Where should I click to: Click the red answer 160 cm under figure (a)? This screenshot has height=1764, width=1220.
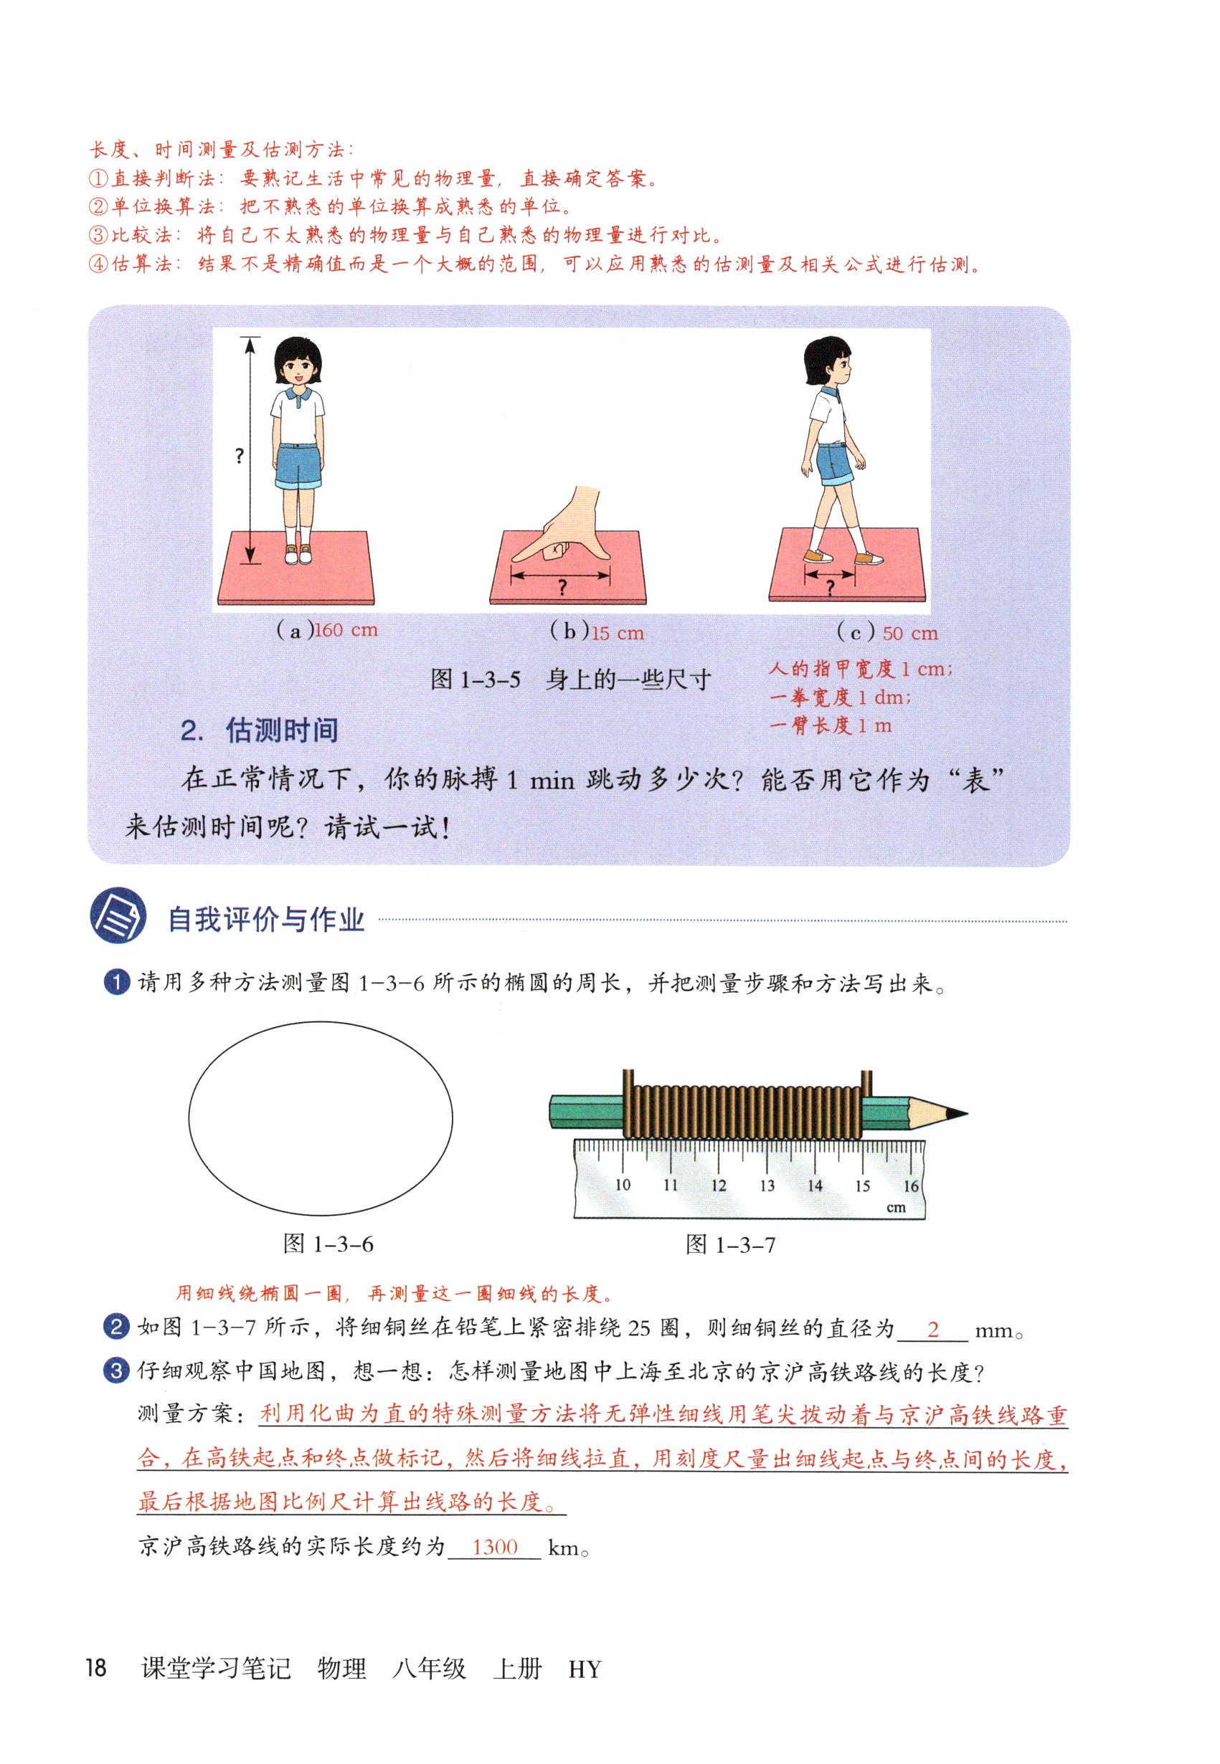346,630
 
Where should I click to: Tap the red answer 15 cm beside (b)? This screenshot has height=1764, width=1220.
618,633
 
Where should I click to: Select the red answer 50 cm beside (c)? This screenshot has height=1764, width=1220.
909,634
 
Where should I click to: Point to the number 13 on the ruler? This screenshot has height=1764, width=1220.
767,1185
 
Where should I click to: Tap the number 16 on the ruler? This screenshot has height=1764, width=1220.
910,1186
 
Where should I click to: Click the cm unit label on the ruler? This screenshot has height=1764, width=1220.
896,1208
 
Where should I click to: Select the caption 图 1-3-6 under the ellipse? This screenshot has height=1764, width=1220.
328,1244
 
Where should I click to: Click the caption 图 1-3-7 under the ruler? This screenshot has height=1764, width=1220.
730,1244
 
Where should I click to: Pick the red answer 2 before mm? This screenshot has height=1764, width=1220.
932,1330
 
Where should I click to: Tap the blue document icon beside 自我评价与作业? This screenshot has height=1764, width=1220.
118,915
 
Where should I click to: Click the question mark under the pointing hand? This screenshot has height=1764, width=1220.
562,588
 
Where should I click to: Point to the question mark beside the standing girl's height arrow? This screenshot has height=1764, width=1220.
240,456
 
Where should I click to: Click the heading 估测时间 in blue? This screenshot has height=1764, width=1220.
281,730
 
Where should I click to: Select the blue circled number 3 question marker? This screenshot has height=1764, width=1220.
115,1370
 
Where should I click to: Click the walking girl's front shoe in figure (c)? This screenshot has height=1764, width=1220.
869,558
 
